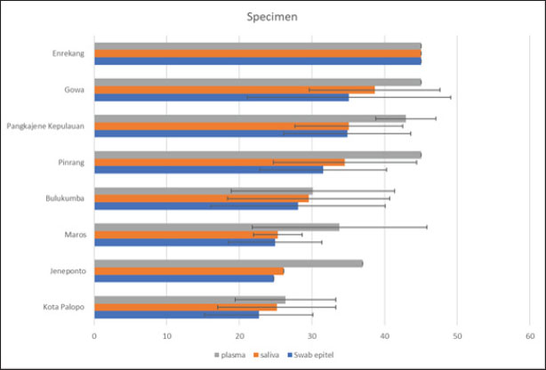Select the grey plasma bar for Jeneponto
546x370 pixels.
[228, 263]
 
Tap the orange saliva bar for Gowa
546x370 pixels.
[234, 90]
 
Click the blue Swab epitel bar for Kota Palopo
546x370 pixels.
[176, 314]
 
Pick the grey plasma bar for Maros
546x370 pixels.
[216, 227]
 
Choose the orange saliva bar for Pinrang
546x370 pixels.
[219, 162]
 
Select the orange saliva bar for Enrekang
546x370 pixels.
[257, 53]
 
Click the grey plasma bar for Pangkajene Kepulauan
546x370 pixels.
[249, 118]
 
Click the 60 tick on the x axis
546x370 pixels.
[529, 336]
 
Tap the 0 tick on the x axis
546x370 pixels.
[94, 336]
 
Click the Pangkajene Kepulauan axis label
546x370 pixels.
[45, 125]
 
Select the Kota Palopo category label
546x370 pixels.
[63, 307]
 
